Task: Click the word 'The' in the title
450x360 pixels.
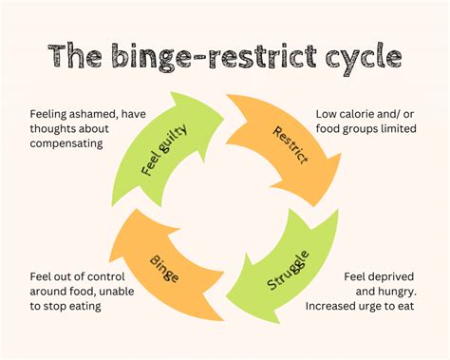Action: (x=82, y=56)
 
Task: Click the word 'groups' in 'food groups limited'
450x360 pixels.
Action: (x=366, y=129)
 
